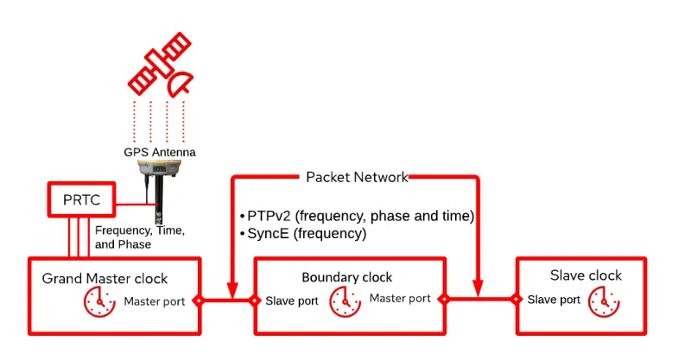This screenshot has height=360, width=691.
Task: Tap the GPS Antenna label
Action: (x=160, y=152)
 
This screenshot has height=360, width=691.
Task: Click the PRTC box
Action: (x=81, y=200)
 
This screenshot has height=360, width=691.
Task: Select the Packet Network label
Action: (x=357, y=177)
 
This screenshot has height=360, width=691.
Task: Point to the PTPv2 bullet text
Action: (x=357, y=215)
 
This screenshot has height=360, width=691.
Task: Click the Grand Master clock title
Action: (x=105, y=279)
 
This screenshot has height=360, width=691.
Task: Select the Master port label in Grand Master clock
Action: (x=154, y=301)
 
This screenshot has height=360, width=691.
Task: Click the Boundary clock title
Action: (x=346, y=277)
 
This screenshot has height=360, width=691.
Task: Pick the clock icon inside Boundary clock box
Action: (x=345, y=300)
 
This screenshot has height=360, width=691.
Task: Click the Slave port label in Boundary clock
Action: (x=292, y=301)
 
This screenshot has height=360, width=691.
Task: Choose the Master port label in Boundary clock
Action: (x=400, y=299)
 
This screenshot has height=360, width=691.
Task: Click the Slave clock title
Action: (x=586, y=275)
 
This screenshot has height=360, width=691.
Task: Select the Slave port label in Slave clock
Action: (x=554, y=300)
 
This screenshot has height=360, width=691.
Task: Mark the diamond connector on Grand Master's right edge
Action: (x=199, y=300)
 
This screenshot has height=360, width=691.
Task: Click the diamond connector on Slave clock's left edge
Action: (x=517, y=300)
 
